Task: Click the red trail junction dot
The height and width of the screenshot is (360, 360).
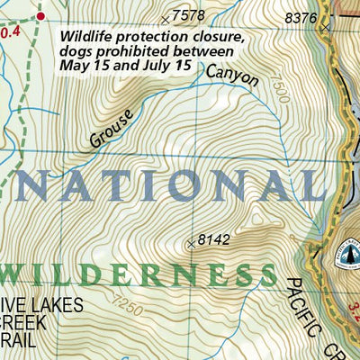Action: tap(40, 16)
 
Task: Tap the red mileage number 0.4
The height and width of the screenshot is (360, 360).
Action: tap(9, 32)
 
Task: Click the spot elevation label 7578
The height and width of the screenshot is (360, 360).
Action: tap(187, 15)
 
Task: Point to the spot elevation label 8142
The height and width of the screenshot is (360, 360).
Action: tap(213, 239)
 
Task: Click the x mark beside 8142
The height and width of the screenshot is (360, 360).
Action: tap(191, 243)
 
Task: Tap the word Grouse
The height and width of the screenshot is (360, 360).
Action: tap(111, 128)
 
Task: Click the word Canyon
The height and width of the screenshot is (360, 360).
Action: tap(231, 77)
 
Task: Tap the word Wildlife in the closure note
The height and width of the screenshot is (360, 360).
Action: tap(86, 37)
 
